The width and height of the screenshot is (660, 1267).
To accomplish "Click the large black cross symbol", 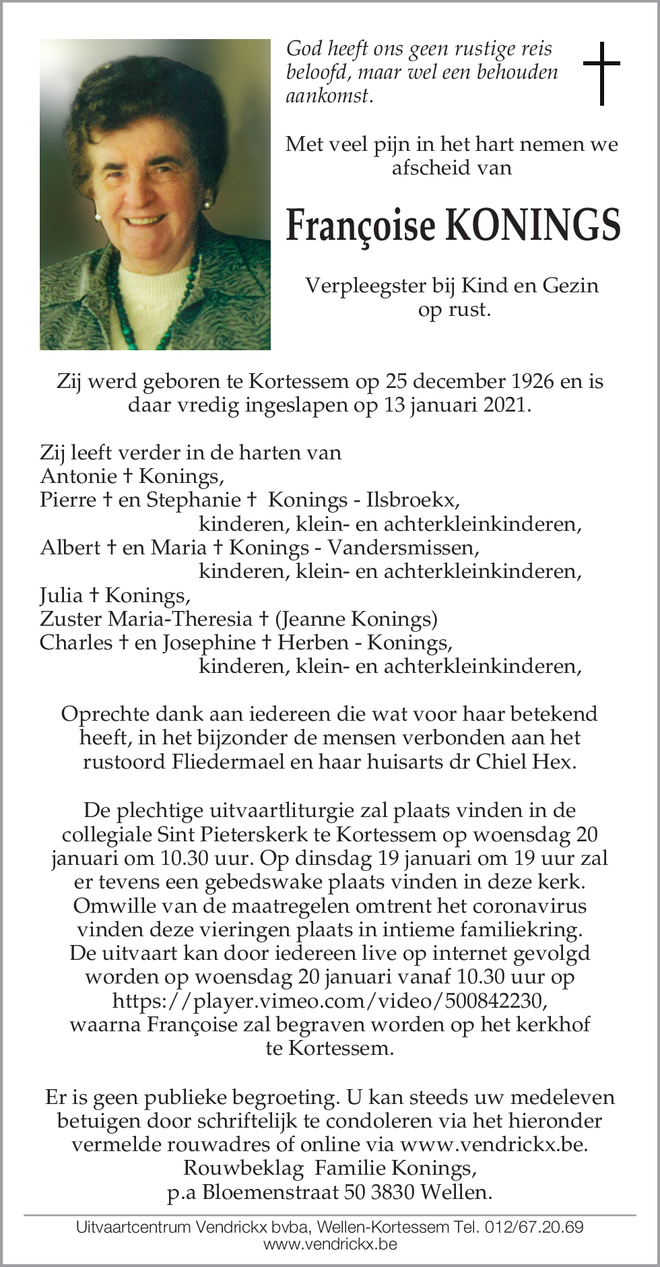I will (x=600, y=74).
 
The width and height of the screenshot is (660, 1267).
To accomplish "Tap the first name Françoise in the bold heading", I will (x=361, y=227).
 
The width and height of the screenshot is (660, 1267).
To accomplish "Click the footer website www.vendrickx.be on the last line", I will (x=330, y=1244).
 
